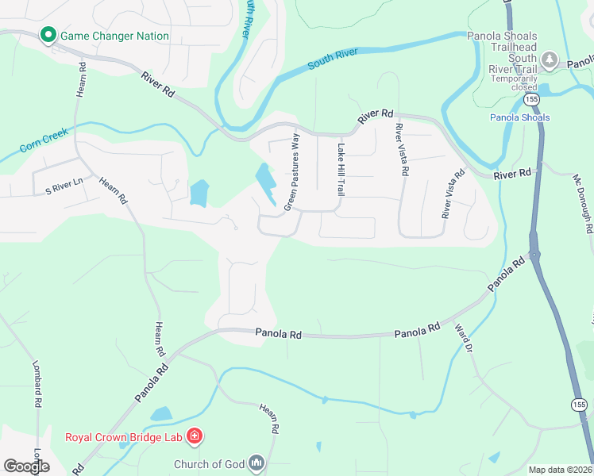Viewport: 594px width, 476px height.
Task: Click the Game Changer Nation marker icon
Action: pos(48,36)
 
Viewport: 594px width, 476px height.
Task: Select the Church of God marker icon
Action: pos(256,463)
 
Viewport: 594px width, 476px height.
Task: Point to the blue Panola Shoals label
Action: pos(519,117)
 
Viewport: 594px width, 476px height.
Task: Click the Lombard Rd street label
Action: pos(37,386)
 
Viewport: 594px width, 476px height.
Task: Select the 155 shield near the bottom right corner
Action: pos(578,405)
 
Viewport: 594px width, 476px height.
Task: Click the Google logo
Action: pos(27,466)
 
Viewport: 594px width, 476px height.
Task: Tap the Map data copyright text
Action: pos(560,470)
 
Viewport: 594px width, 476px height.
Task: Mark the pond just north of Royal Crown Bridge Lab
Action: pos(161,413)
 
